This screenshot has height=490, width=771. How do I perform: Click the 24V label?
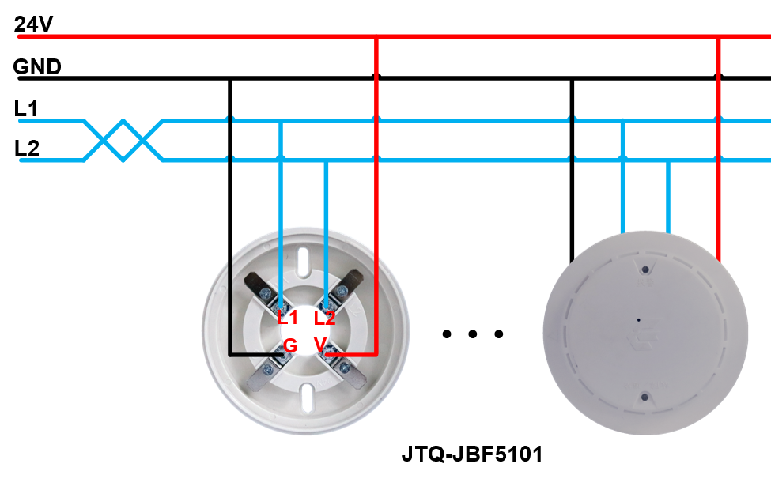pyautogui.click(x=33, y=24)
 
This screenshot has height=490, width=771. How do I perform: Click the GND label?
pyautogui.click(x=37, y=66)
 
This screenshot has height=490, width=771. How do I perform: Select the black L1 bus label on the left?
pyautogui.click(x=26, y=108)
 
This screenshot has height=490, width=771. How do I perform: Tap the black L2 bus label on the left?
pyautogui.click(x=27, y=148)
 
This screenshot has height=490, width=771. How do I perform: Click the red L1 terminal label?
pyautogui.click(x=288, y=318)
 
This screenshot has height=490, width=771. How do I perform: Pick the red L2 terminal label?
pyautogui.click(x=324, y=318)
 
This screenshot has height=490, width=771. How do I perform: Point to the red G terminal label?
pyautogui.click(x=290, y=345)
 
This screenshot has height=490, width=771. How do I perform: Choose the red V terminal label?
pyautogui.click(x=320, y=344)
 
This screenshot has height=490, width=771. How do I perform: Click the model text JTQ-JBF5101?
pyautogui.click(x=472, y=454)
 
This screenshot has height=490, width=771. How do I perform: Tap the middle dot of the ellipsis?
pyautogui.click(x=473, y=334)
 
